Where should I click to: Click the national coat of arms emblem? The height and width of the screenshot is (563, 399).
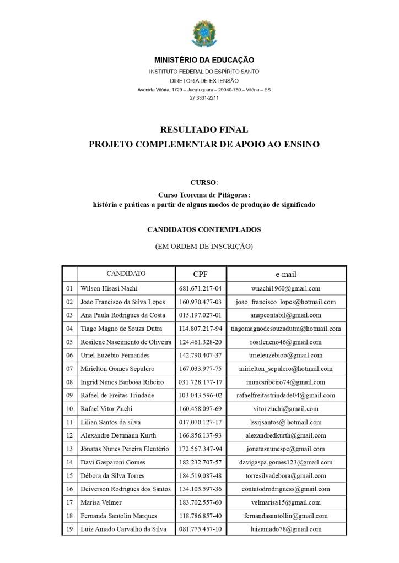point(204,34)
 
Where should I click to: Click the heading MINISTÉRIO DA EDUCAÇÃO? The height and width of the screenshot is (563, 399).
point(204,60)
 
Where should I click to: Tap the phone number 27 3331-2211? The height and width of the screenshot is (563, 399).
point(204,98)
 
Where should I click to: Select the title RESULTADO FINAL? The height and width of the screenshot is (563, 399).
point(204,130)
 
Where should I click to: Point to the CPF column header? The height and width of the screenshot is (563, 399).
point(201,274)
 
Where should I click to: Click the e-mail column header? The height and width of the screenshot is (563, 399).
point(285,274)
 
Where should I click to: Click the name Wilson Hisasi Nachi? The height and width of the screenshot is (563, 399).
point(109,288)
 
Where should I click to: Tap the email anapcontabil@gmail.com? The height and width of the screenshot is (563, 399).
point(285,315)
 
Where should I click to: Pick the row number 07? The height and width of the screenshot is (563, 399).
point(69,369)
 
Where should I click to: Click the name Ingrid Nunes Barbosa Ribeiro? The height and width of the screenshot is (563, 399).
point(122,382)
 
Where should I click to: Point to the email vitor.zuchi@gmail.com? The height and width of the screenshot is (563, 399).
point(285,409)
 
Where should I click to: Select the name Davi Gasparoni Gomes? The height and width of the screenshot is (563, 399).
point(113,462)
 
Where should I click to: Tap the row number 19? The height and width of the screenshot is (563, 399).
point(69,529)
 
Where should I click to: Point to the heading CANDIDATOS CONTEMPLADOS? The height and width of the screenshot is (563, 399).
point(204,229)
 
